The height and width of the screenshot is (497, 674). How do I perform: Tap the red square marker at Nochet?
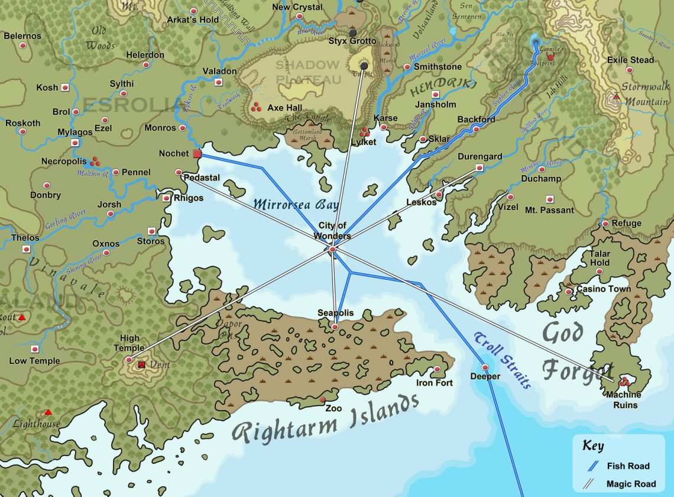pos(197,154)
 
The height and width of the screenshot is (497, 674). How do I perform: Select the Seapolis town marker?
pos(335,327)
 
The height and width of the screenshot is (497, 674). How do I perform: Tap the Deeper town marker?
pos(485,367)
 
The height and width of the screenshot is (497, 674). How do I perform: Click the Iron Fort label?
pos(435,383)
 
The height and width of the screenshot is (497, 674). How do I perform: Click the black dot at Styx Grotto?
pos(353,33)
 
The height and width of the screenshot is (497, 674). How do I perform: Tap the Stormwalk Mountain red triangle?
pos(617,96)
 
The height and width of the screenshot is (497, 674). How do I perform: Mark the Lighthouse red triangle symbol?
pos(48,412)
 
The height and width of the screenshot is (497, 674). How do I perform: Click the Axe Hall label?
pos(284,108)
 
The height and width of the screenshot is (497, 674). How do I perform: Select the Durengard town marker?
pos(479,168)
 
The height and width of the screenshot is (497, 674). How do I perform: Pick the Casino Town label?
pos(603,289)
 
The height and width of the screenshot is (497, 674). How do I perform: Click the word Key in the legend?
pos(593,446)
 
